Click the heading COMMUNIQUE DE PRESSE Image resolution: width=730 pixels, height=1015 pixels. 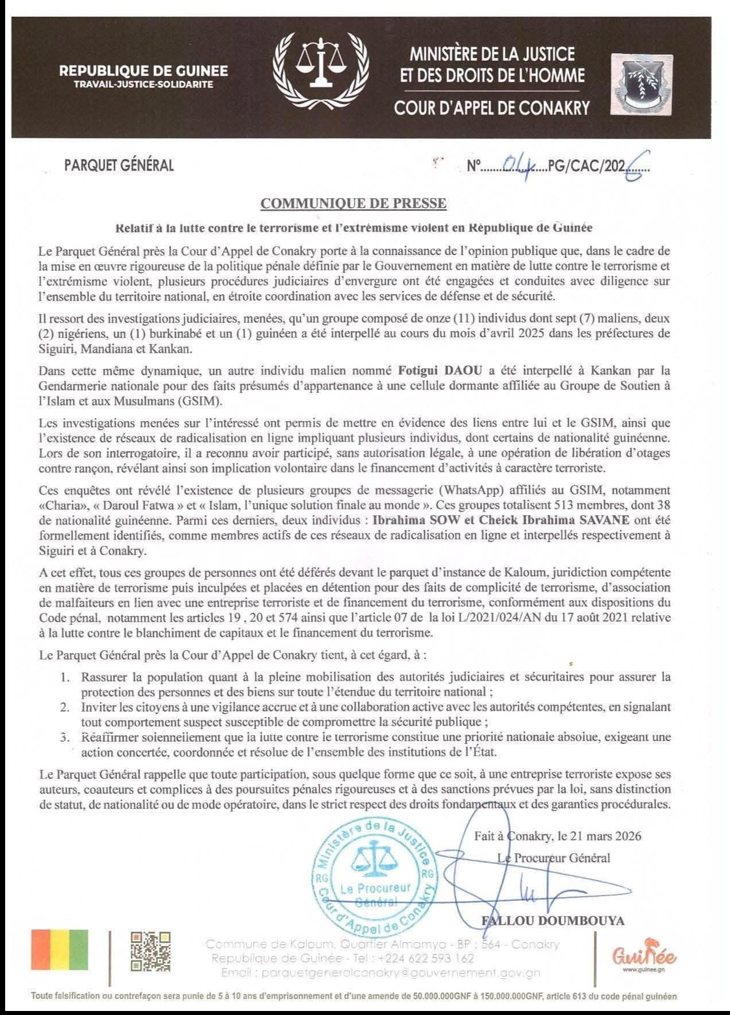[354, 203]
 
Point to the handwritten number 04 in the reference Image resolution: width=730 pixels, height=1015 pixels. [518, 167]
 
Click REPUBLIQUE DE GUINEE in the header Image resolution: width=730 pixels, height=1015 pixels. [143, 71]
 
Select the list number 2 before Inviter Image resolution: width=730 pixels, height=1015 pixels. [67, 706]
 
